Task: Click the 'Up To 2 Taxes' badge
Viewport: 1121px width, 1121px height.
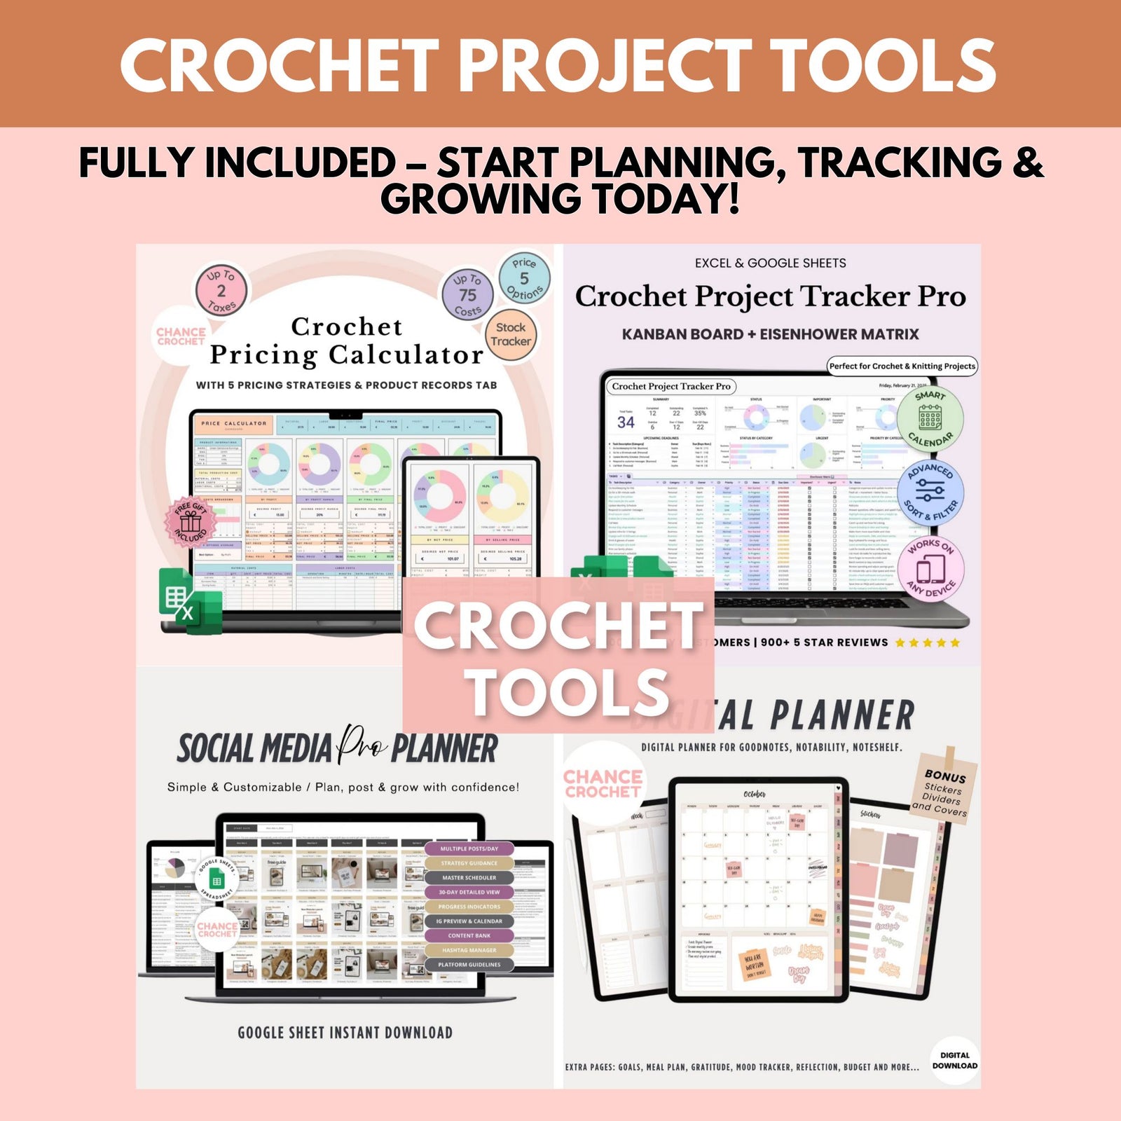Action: pyautogui.click(x=221, y=290)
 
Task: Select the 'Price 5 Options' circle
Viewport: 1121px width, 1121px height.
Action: pyautogui.click(x=524, y=278)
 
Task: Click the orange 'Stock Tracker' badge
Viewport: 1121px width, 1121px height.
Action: pyautogui.click(x=511, y=334)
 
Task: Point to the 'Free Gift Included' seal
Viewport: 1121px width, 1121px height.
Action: pyautogui.click(x=191, y=521)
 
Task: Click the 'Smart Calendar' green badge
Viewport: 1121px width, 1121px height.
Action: pyautogui.click(x=930, y=419)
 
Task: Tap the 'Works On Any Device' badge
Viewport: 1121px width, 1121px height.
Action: pyautogui.click(x=930, y=569)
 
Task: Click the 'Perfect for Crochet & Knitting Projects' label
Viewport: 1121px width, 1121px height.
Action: pyautogui.click(x=902, y=366)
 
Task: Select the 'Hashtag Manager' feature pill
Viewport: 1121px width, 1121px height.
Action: pyautogui.click(x=469, y=950)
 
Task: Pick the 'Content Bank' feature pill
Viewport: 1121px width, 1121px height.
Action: pyautogui.click(x=469, y=935)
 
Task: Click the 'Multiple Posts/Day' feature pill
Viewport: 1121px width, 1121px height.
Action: pyautogui.click(x=469, y=848)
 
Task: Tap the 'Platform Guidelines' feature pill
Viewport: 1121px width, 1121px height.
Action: pyautogui.click(x=469, y=965)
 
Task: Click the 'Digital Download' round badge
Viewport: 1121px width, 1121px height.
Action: pyautogui.click(x=954, y=1060)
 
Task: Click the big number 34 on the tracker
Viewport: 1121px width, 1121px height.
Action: pyautogui.click(x=626, y=422)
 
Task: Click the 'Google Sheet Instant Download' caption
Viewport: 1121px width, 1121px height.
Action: pyautogui.click(x=345, y=1032)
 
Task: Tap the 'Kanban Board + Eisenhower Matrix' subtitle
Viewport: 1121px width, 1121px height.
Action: pyautogui.click(x=770, y=334)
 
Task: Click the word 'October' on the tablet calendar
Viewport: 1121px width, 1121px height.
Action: pyautogui.click(x=754, y=794)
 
